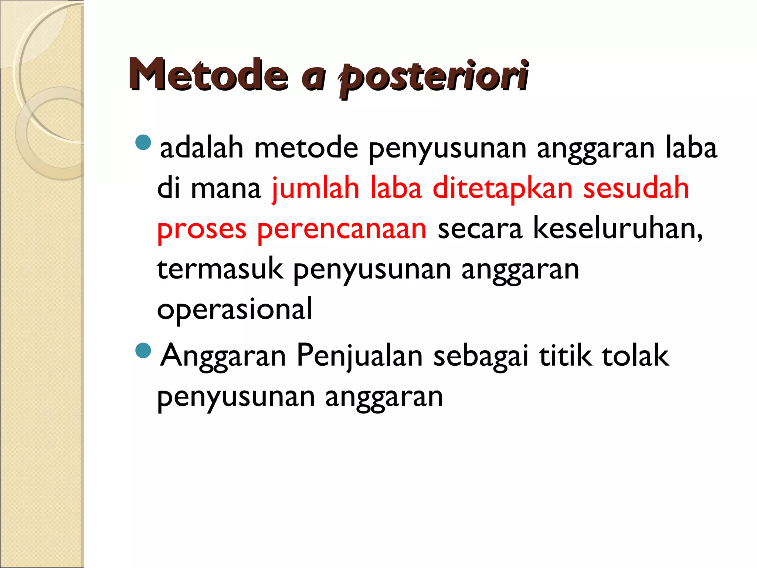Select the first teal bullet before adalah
tap(143, 142)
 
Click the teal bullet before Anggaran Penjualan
tap(143, 351)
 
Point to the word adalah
tap(201, 148)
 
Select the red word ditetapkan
tap(502, 189)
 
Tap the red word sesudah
tap(636, 189)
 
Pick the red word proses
tap(201, 229)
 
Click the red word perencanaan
tap(342, 229)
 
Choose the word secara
tap(480, 229)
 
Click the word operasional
tap(235, 309)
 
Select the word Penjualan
tap(359, 356)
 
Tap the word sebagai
tap(481, 356)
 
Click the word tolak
tap(635, 355)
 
